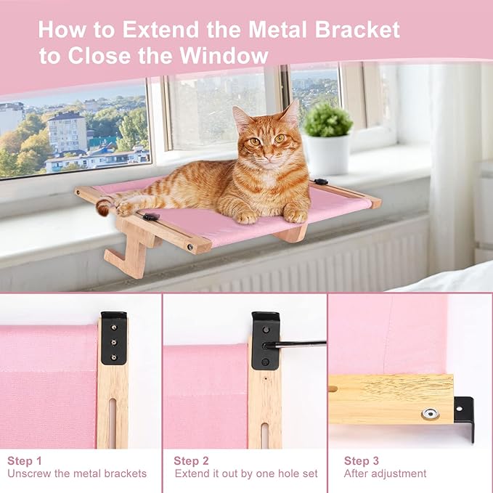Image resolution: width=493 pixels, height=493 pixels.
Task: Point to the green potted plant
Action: click(x=327, y=120)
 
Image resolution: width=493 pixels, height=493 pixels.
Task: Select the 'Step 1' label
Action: click(x=25, y=460)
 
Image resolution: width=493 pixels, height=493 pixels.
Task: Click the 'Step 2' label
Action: click(x=192, y=460)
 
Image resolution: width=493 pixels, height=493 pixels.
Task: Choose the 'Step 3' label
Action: click(x=362, y=460)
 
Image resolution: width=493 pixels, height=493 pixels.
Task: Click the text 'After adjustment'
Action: click(x=385, y=474)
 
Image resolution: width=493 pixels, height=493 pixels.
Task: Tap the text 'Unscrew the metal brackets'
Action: click(x=77, y=474)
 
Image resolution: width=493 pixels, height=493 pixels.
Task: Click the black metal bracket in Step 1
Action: click(x=114, y=338)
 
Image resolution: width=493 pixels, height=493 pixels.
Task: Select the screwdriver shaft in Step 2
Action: click(x=298, y=343)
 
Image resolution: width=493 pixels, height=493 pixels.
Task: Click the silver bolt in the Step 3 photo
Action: click(x=430, y=414)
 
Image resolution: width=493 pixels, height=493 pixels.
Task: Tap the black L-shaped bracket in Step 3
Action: click(x=464, y=417)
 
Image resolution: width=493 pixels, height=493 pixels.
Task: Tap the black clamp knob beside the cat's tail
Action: click(x=151, y=216)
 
